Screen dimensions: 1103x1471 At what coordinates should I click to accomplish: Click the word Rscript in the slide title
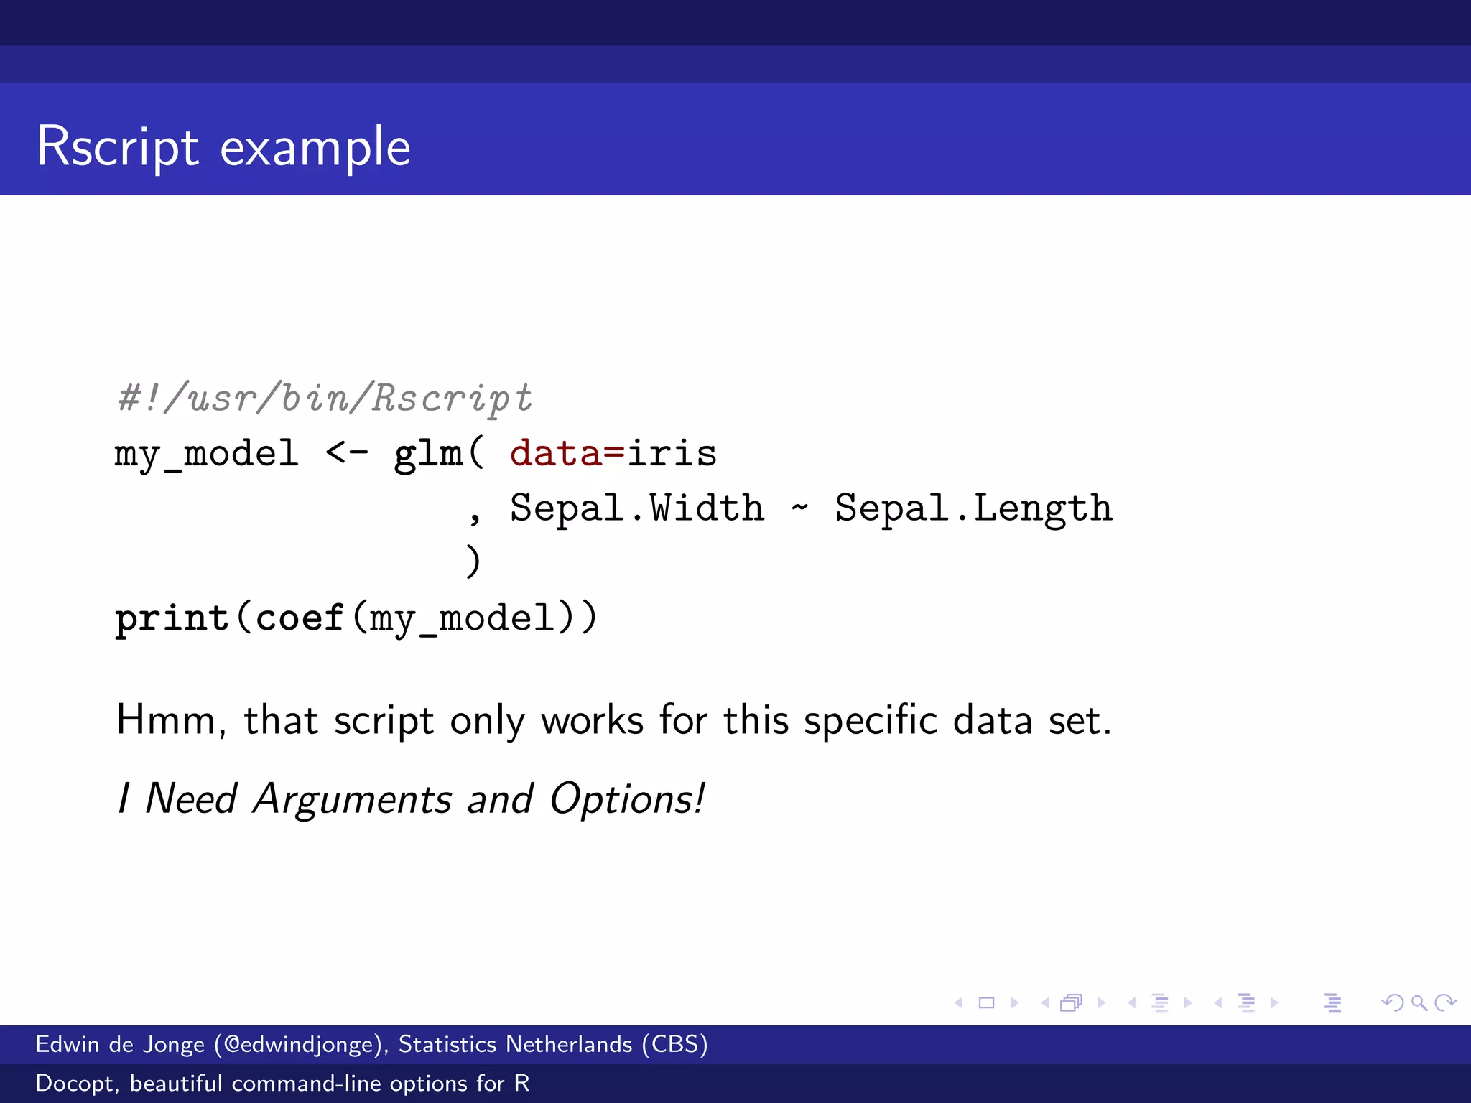[118, 147]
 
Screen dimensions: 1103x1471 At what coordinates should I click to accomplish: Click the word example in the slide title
[315, 147]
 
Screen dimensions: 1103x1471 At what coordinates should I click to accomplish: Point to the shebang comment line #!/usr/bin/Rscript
[325, 398]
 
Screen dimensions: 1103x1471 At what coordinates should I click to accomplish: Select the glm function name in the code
[428, 454]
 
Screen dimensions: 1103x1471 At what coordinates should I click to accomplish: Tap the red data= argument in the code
[567, 454]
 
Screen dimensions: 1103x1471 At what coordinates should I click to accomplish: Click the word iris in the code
[672, 454]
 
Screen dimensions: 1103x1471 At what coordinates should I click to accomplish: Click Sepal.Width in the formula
[636, 508]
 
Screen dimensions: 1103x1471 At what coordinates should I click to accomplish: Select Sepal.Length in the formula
[973, 508]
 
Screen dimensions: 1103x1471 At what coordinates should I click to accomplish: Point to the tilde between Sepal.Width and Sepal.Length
[799, 508]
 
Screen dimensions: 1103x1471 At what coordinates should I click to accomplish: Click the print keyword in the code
[172, 618]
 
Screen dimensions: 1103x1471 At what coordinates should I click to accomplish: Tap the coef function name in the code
[300, 618]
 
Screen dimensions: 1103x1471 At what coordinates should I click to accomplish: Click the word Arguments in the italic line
[352, 799]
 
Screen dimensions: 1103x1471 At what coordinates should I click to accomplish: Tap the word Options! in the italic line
[627, 799]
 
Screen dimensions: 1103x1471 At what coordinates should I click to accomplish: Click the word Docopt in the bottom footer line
[75, 1083]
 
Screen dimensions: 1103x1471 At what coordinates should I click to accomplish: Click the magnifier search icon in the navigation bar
[1419, 1002]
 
